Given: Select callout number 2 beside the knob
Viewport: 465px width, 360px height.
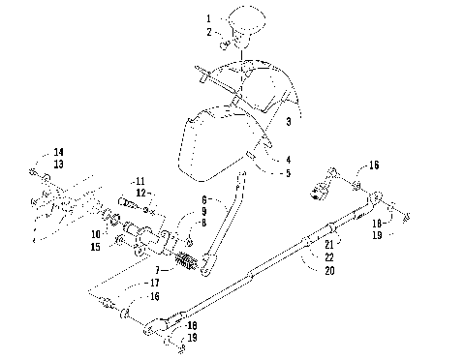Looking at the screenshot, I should point(207,33).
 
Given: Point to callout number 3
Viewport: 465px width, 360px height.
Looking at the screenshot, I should point(288,121).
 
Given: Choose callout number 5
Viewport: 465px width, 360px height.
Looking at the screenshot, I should point(288,174).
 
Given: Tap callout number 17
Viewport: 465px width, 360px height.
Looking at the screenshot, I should point(155,284).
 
